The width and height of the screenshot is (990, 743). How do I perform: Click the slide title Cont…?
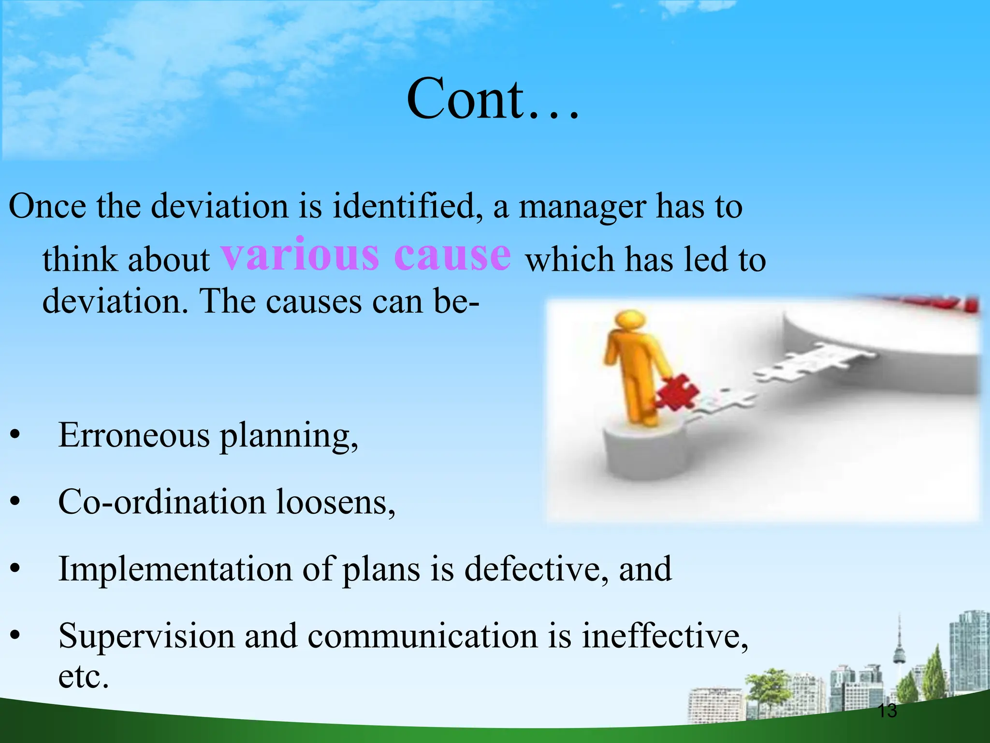(492, 99)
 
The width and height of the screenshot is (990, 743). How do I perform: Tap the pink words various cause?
(365, 255)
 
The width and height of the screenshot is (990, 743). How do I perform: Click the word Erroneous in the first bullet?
(134, 435)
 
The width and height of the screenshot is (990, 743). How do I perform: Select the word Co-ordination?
(161, 502)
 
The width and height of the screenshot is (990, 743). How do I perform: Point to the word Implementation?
(175, 569)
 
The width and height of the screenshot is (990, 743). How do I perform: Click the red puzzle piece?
(677, 392)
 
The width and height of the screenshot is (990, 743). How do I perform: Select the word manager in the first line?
(582, 207)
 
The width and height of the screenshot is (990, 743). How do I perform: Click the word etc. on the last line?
(83, 676)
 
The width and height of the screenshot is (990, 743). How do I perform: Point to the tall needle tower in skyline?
(899, 648)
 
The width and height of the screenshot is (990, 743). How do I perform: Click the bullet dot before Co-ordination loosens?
(16, 503)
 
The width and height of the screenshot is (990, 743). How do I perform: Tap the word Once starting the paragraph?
(47, 207)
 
